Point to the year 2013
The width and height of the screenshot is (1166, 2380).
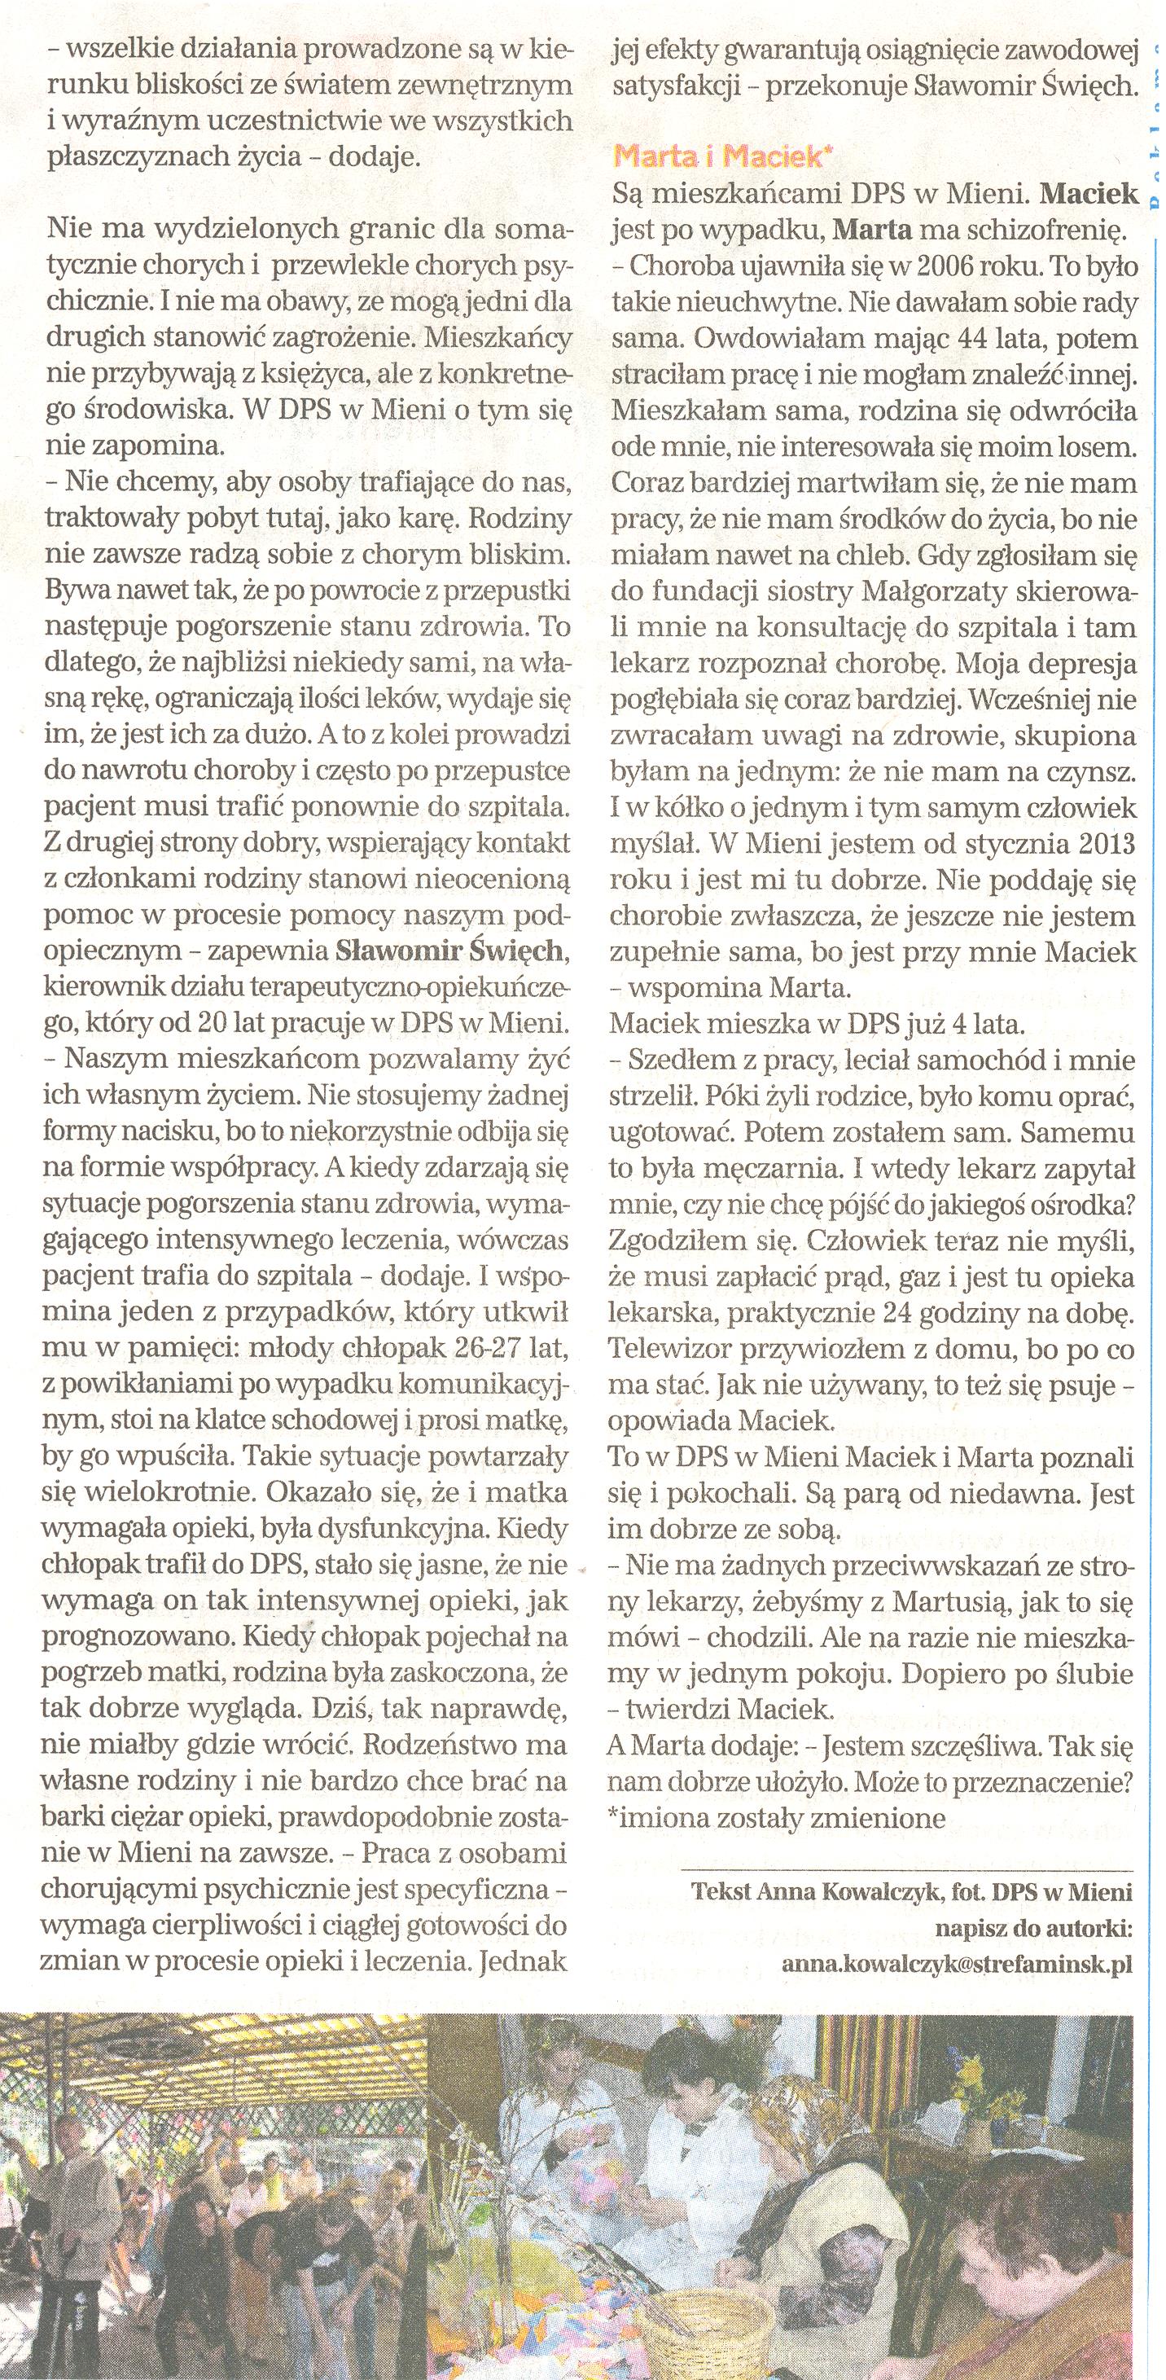coord(1106,847)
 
